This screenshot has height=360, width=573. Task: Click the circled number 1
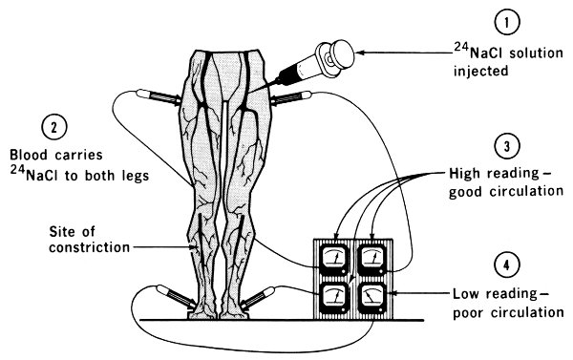[506, 22]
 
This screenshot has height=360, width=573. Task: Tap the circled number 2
[54, 128]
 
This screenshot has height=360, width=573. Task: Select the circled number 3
[506, 146]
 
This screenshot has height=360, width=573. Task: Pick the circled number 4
[506, 265]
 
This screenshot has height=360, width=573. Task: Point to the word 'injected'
[481, 71]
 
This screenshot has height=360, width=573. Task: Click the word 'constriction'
[90, 247]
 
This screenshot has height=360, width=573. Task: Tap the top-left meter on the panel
[334, 260]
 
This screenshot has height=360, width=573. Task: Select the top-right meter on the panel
[372, 260]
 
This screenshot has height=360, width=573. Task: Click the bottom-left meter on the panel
[334, 298]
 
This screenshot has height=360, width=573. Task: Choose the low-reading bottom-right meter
[372, 298]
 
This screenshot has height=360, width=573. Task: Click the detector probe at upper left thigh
[159, 97]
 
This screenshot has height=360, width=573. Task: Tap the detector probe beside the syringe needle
[290, 97]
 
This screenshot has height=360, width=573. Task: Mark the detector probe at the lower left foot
[176, 296]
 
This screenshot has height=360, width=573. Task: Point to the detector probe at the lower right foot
[257, 297]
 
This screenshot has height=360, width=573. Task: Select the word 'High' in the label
[465, 174]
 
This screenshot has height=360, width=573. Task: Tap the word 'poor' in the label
[469, 313]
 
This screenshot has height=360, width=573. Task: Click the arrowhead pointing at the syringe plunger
[361, 53]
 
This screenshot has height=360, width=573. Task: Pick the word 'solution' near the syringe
[536, 53]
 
